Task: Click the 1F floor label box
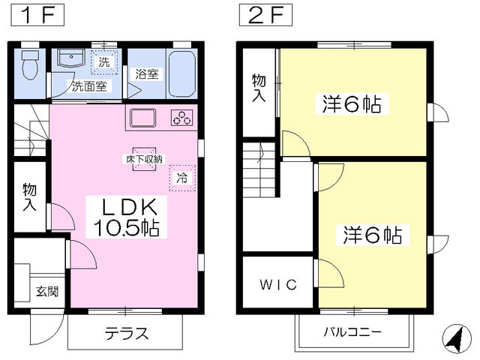[37, 15]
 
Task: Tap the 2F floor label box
[265, 15]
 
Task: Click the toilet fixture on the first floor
[30, 65]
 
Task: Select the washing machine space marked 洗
[104, 62]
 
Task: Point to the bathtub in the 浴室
[182, 73]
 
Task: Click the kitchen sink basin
[142, 118]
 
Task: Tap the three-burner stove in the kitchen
[182, 118]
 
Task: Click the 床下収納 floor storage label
[144, 159]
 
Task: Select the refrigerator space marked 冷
[182, 178]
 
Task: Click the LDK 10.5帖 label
[126, 217]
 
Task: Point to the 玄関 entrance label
[47, 291]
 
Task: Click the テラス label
[127, 333]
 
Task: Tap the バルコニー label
[352, 331]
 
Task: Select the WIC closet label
[278, 284]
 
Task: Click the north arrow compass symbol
[457, 339]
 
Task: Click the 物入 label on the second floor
[259, 87]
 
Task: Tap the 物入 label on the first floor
[30, 196]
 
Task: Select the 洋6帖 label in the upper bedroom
[352, 104]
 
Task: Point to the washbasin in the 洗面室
[71, 58]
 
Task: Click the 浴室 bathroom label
[147, 73]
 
